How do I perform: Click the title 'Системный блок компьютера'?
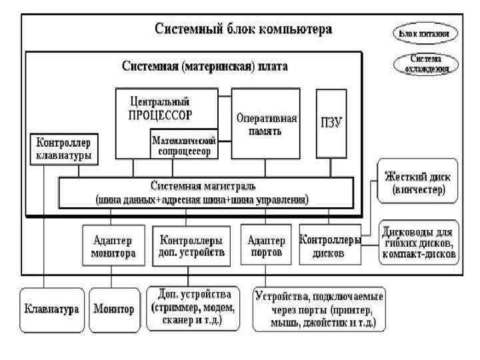243,30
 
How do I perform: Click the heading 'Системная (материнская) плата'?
205,67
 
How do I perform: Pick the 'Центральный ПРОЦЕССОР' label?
160,108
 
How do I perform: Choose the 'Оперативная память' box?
266,124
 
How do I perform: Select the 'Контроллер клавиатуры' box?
64,150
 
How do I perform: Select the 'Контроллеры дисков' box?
331,246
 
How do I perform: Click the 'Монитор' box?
113,309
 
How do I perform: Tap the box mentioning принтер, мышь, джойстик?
319,309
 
